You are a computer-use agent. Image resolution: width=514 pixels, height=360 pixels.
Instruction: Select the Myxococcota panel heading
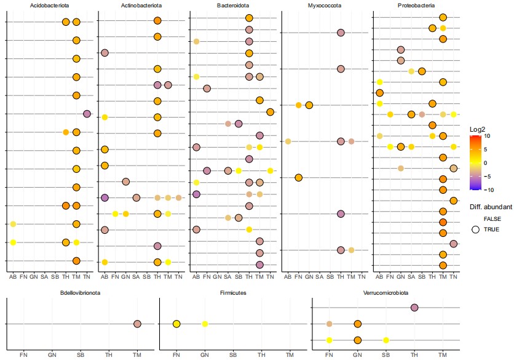tap(325, 6)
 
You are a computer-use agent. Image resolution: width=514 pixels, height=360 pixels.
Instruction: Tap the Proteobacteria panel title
tap(416, 6)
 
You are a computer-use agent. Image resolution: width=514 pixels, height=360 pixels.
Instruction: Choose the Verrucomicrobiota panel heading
tap(386, 293)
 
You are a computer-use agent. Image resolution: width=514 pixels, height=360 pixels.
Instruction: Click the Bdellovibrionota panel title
tap(80, 293)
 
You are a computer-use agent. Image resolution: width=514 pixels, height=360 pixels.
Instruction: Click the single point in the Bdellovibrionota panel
tap(137, 324)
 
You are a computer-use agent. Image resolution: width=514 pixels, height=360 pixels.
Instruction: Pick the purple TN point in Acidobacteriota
tap(87, 114)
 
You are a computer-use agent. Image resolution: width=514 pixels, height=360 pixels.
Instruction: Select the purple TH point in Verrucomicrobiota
tap(414, 308)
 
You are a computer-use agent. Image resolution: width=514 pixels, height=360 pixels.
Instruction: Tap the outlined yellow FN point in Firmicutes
tap(176, 324)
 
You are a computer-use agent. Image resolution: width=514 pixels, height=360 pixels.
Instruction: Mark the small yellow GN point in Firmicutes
tap(205, 324)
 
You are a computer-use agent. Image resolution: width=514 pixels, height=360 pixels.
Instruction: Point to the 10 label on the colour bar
tap(485, 136)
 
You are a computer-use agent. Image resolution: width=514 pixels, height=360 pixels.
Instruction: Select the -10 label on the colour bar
tap(486, 190)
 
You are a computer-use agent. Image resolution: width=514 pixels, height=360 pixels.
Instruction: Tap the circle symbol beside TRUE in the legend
tap(475, 230)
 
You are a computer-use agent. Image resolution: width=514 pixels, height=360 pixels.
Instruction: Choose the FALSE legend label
tap(492, 218)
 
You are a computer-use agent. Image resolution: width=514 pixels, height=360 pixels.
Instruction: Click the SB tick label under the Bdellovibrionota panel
tap(80, 355)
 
